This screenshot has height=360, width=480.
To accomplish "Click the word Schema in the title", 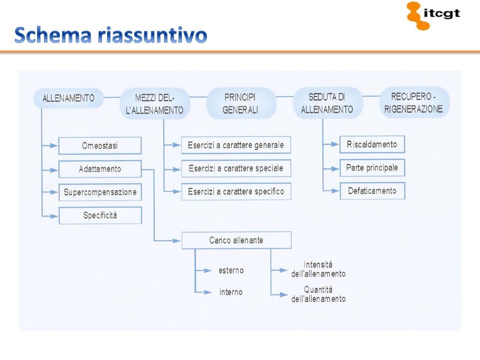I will [52, 35].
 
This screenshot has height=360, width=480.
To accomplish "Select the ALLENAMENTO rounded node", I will [68, 98].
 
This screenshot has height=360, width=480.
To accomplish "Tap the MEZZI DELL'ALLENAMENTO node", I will [154, 103].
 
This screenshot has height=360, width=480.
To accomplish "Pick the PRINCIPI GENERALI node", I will [240, 103].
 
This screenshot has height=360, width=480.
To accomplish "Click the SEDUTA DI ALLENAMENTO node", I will [326, 103].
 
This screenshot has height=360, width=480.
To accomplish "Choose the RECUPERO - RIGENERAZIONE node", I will [413, 102].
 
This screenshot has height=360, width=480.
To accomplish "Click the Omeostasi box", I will [100, 146].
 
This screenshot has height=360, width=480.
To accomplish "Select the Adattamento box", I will [100, 169].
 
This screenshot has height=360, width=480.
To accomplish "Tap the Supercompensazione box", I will [100, 192].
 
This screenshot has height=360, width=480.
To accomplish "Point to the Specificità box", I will [100, 215].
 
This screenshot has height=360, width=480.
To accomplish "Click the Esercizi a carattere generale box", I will [235, 145].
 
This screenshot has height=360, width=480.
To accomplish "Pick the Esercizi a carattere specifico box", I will [235, 191].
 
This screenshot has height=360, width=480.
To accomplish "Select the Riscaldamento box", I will [372, 144].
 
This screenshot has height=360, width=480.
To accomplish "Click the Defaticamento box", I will [372, 190].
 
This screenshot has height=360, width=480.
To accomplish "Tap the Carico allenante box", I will [236, 240].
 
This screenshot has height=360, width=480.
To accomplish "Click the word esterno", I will [231, 270].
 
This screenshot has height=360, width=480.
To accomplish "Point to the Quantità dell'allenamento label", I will [318, 294].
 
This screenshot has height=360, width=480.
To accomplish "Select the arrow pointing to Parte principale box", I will [332, 167].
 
